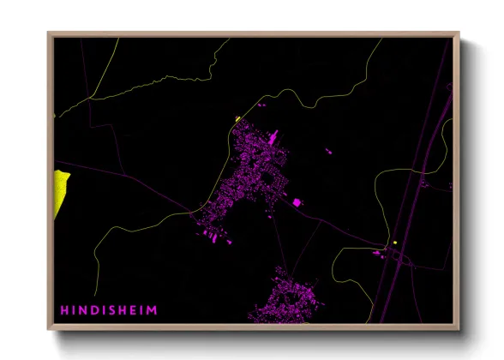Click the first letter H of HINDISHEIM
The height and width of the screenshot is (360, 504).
point(63,309)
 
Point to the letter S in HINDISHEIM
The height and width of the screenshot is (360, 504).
point(111,309)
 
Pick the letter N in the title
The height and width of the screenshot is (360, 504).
point(82,309)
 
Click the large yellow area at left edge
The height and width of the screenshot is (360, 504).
point(60,193)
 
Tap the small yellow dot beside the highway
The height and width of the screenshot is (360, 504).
point(395,243)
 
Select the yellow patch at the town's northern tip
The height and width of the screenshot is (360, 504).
point(237,120)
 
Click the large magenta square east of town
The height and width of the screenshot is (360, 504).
point(297,202)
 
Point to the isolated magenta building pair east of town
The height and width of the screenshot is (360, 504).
point(328,152)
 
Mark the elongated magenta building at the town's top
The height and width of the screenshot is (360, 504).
point(273,137)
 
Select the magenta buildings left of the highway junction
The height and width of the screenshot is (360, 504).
point(378,252)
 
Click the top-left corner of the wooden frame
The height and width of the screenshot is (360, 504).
point(49,34)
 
